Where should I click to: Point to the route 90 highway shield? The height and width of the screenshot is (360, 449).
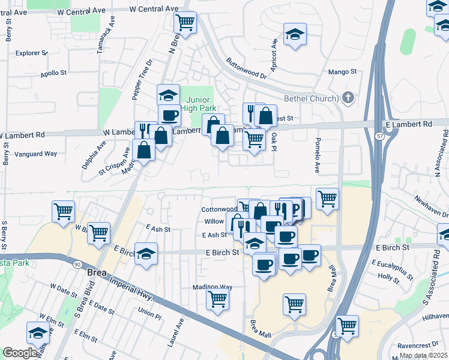[79, 265]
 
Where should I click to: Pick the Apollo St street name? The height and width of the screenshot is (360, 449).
[53, 73]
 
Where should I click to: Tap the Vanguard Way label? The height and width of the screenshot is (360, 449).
[38, 154]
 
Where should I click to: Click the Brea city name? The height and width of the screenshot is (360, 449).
[97, 272]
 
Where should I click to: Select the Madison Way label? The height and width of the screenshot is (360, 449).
[212, 287]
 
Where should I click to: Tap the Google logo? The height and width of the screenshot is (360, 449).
[20, 353]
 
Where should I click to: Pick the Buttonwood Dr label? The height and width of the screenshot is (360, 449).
[246, 68]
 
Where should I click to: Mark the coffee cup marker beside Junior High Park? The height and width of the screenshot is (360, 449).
[169, 115]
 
